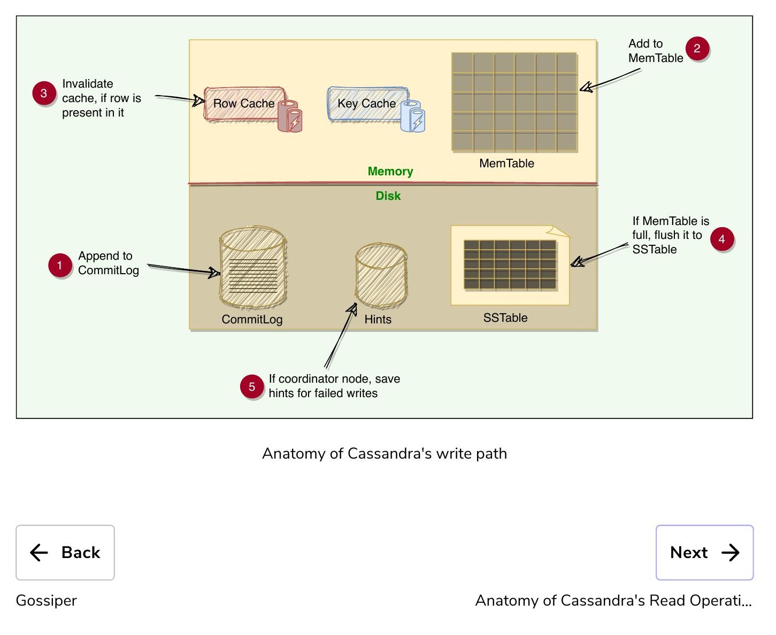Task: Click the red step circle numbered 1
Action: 59,265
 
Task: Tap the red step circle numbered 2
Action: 697,48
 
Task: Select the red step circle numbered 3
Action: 44,93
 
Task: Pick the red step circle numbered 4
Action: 721,239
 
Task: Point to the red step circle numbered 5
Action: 252,386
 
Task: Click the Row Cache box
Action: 244,104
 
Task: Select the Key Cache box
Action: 367,104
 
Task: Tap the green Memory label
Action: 390,172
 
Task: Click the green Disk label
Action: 388,196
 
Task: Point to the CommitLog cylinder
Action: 253,267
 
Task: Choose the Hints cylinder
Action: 381,275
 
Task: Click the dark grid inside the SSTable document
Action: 510,265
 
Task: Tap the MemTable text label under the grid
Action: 506,163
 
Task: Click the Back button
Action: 65,552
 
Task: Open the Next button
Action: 704,552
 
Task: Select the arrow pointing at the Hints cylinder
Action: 340,335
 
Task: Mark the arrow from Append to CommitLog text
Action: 183,269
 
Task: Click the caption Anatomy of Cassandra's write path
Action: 385,453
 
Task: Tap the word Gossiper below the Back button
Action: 47,601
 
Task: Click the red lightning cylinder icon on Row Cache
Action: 290,116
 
